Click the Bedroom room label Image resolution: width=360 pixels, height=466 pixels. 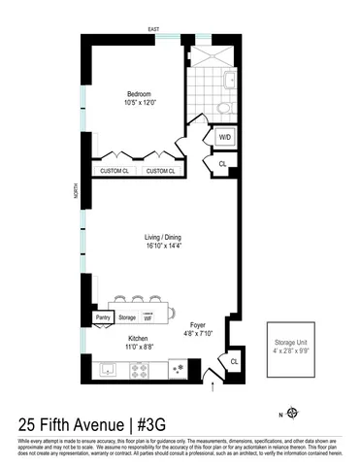tap(133, 95)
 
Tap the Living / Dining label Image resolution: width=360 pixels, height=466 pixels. tap(160, 237)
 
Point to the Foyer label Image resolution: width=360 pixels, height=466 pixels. tap(197, 325)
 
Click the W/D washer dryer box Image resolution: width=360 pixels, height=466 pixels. tap(223, 137)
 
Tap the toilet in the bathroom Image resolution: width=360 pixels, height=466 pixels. tap(225, 108)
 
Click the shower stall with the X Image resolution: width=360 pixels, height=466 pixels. tap(211, 52)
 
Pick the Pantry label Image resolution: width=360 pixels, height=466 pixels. tap(103, 316)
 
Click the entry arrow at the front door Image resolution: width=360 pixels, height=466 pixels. tap(213, 389)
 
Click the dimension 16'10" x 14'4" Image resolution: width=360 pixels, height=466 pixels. tap(160, 247)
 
